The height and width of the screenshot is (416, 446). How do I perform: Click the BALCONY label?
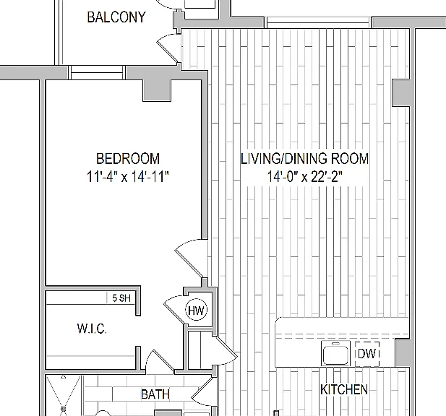[116, 17]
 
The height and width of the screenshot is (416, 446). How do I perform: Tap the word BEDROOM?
[128, 159]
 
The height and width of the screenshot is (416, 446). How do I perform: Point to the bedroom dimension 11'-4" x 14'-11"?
[128, 176]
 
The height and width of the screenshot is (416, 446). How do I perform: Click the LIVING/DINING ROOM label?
[304, 159]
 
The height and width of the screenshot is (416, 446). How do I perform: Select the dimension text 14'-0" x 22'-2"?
[304, 176]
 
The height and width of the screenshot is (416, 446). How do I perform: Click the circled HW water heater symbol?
[197, 310]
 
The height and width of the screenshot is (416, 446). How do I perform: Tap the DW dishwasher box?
[367, 354]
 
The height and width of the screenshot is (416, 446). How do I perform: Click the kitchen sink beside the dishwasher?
[335, 353]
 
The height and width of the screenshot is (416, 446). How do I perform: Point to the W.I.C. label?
[92, 329]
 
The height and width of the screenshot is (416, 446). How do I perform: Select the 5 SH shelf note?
[121, 298]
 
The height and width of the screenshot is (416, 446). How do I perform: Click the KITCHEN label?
[344, 389]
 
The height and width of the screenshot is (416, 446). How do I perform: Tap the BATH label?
[155, 394]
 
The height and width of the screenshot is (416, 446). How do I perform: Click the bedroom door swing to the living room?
[190, 257]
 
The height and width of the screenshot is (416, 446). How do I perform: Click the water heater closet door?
[174, 311]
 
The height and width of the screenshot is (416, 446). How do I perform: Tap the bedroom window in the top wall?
[97, 72]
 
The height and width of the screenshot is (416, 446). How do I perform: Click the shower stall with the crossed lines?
[64, 396]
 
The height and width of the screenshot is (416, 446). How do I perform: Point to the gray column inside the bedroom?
[158, 90]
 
